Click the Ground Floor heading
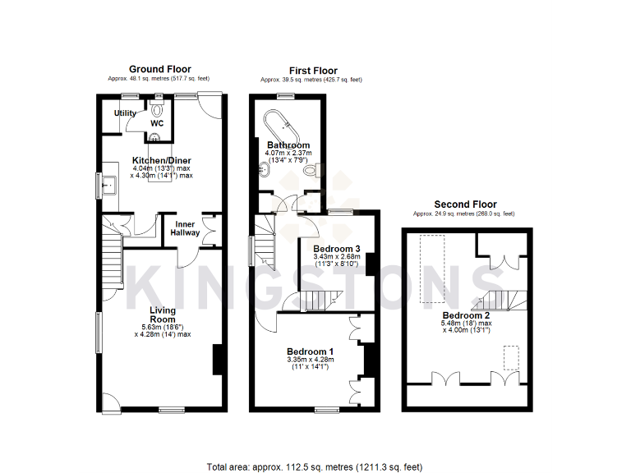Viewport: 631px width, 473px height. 160,70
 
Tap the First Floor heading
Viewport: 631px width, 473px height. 312,71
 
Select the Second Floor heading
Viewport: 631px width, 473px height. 464,204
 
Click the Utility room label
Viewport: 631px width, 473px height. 126,113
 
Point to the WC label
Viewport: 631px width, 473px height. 157,123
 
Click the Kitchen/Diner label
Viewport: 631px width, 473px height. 161,161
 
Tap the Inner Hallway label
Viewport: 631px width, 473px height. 185,227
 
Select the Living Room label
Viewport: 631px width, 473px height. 162,315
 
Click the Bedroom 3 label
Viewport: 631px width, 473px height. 336,248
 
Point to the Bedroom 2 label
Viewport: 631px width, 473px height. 466,315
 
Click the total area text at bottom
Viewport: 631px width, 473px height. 315,466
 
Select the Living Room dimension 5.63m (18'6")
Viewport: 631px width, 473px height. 162,326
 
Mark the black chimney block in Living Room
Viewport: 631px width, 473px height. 218,360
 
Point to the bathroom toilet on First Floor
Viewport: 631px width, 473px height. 310,172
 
